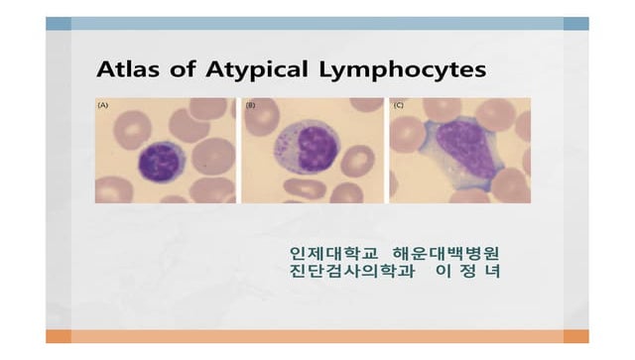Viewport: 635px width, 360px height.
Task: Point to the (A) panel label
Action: [x=103, y=104]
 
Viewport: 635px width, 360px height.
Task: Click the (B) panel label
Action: [x=250, y=104]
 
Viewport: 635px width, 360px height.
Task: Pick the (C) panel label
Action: [x=398, y=104]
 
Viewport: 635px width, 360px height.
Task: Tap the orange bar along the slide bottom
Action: [x=317, y=336]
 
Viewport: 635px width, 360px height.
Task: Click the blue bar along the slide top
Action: [x=317, y=23]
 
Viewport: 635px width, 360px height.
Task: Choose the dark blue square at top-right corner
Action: [x=575, y=23]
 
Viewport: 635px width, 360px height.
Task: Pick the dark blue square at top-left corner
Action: [x=58, y=23]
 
